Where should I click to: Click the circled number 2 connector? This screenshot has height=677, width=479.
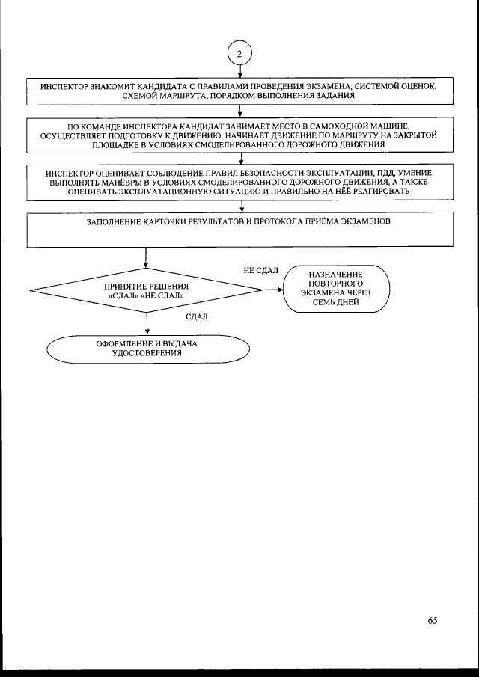(x=239, y=55)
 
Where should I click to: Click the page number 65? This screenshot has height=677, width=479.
(x=432, y=619)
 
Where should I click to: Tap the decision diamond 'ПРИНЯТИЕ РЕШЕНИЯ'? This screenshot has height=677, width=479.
(x=147, y=291)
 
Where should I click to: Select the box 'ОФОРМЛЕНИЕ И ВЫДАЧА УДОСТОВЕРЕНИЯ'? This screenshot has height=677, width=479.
(x=147, y=347)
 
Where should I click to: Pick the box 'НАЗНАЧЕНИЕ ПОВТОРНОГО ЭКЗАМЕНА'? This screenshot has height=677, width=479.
(x=336, y=290)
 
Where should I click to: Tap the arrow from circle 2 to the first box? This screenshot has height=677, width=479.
(x=239, y=73)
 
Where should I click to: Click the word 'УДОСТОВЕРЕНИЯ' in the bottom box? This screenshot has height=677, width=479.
(x=147, y=353)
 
